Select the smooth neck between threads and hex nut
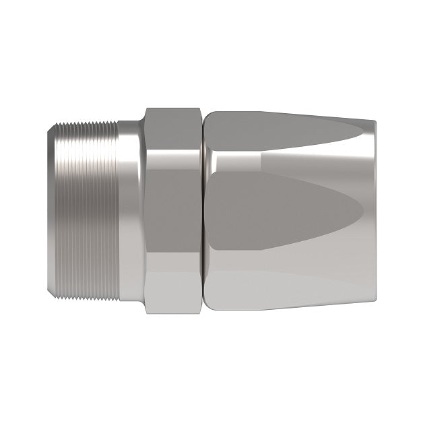(x=129, y=211)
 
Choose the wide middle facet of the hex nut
(x=173, y=211)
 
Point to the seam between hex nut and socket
(x=202, y=211)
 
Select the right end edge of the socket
(x=375, y=211)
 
